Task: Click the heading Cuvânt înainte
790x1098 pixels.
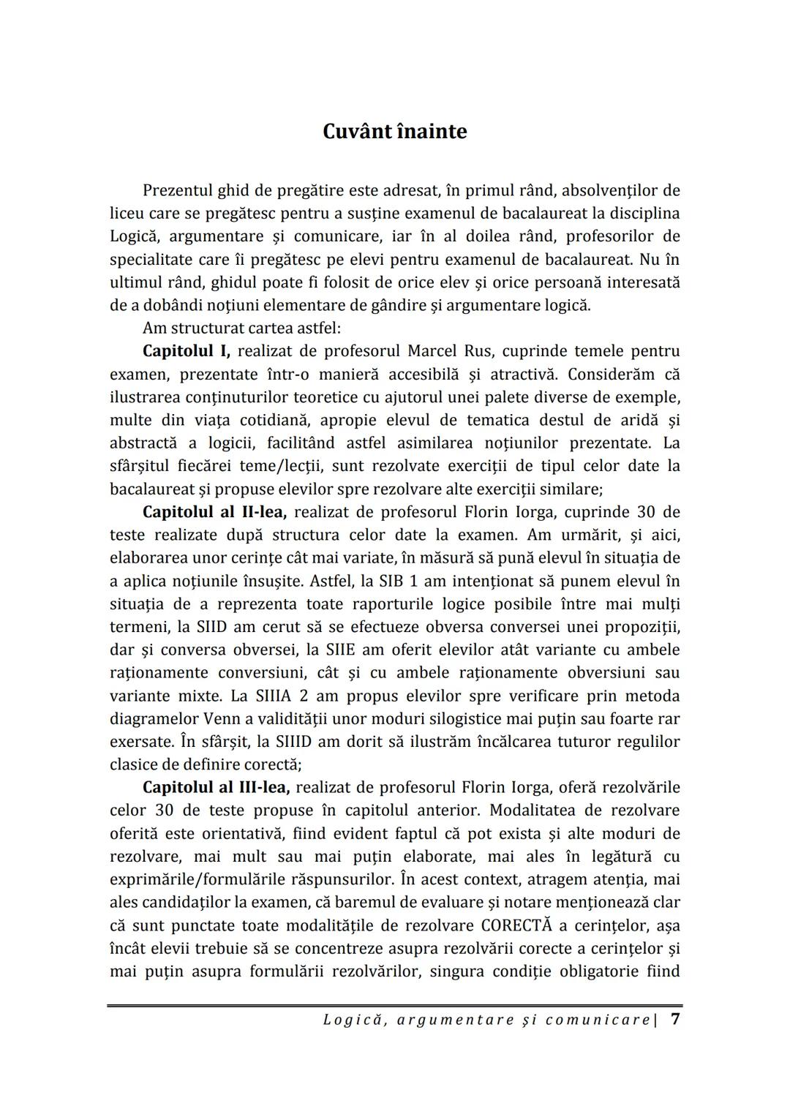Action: click(395, 132)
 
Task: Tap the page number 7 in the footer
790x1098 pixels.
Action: click(674, 1019)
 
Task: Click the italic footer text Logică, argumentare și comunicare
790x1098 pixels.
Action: click(486, 1020)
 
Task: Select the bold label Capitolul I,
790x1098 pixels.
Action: click(187, 351)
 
